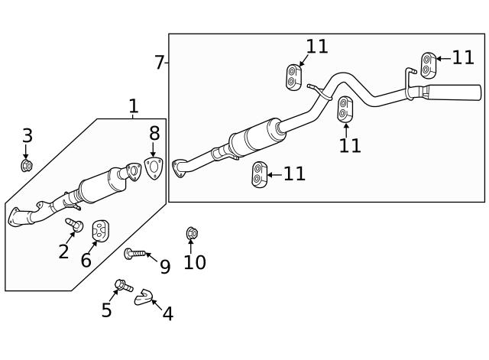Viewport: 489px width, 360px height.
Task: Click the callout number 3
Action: tap(27, 136)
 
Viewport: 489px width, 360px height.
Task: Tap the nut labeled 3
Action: tap(27, 164)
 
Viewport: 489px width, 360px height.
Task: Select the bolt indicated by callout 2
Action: tap(76, 224)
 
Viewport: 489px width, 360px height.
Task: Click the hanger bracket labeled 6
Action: tap(100, 229)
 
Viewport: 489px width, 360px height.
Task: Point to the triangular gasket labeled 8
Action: tap(154, 169)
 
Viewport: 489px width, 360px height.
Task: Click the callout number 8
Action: tap(154, 134)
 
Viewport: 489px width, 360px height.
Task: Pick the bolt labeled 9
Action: tap(134, 252)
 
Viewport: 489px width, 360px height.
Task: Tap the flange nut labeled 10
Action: tap(192, 232)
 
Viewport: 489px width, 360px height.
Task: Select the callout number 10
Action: tap(194, 262)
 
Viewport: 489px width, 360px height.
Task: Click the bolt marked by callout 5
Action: tap(121, 286)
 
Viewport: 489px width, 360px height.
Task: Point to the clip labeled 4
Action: tap(143, 297)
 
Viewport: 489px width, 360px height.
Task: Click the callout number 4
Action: tap(167, 313)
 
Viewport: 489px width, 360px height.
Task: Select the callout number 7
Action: tap(159, 63)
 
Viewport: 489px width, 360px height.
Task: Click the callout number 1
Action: tap(133, 107)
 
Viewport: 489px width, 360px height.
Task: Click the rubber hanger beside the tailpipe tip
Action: tap(428, 65)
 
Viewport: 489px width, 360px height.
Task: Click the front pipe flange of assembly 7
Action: tap(180, 166)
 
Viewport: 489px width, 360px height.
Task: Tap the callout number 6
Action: tap(86, 261)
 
